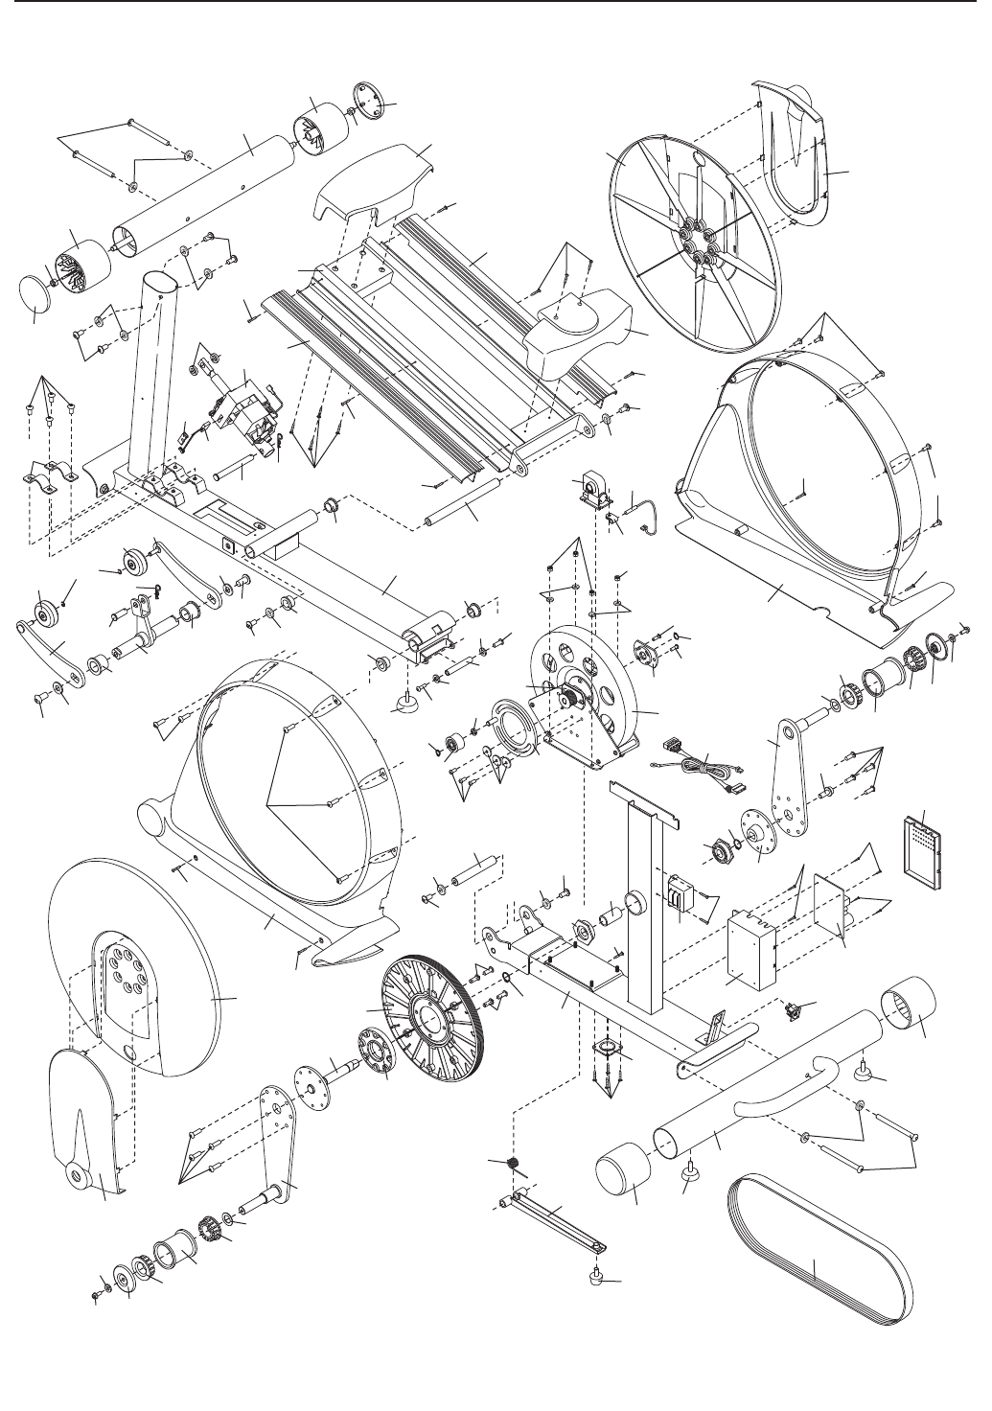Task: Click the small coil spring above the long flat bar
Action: pyautogui.click(x=514, y=1164)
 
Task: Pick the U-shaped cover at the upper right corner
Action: pyautogui.click(x=803, y=153)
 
